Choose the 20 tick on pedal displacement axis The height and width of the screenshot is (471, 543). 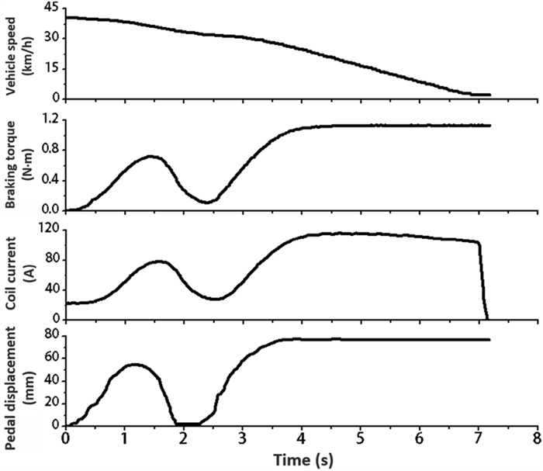(x=51, y=403)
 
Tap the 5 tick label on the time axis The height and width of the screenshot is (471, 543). (x=360, y=438)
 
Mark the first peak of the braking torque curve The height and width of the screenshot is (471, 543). (x=153, y=157)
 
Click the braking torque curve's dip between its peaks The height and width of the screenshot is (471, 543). (x=206, y=202)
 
